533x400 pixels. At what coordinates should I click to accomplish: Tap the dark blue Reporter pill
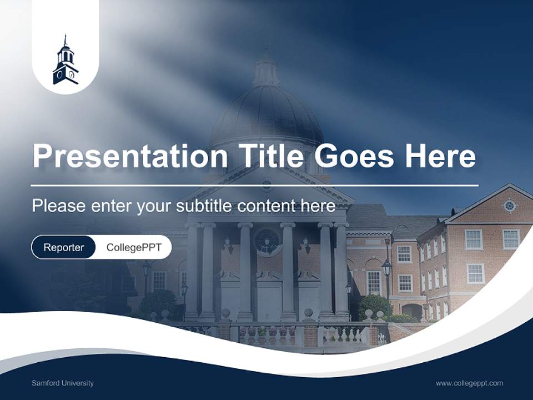[x=63, y=247]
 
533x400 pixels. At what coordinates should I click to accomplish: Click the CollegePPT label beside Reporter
[x=134, y=247]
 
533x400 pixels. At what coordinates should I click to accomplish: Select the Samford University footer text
[x=63, y=383]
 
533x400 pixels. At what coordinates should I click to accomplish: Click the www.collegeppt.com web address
[x=469, y=383]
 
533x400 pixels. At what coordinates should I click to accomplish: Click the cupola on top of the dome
[x=266, y=69]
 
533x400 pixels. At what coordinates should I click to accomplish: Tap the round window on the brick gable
[x=510, y=206]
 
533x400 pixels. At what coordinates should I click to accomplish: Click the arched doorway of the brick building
[x=413, y=311]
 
